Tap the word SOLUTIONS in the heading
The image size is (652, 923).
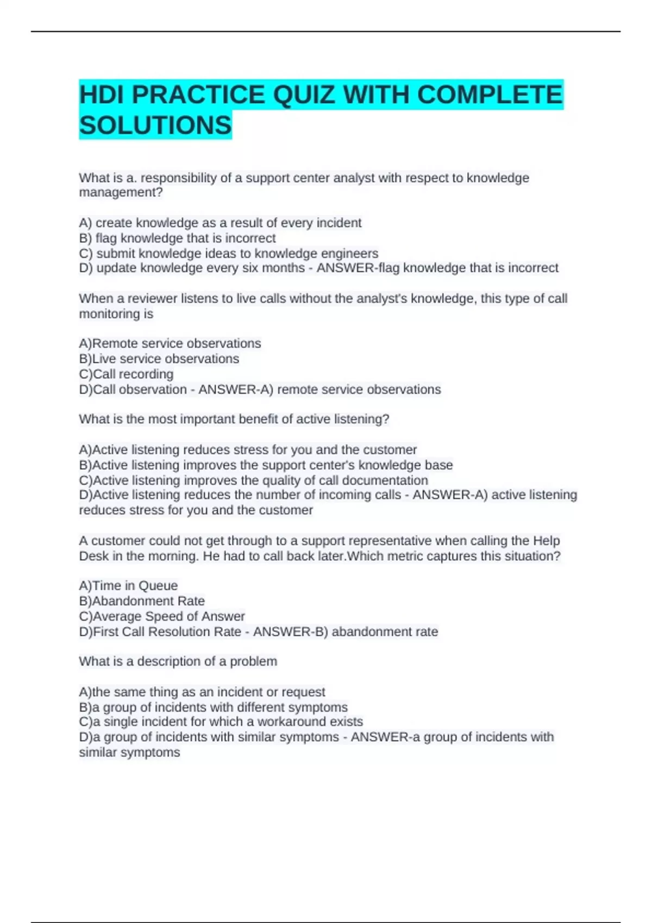(x=155, y=125)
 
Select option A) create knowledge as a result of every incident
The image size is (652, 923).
(x=220, y=223)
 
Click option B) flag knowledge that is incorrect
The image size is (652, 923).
(x=177, y=238)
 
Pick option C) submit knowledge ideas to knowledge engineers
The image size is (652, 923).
(x=228, y=254)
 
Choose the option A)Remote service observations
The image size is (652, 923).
(x=170, y=344)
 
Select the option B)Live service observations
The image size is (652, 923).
(x=159, y=359)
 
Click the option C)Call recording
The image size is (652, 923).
(x=126, y=374)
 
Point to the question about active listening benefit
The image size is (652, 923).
(x=234, y=419)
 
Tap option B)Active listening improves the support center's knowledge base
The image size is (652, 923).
(x=266, y=465)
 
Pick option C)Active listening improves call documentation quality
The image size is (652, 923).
(x=253, y=481)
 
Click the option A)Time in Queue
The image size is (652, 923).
(x=128, y=586)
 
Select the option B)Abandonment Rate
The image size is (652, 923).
(x=142, y=601)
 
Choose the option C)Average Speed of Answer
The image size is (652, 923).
(x=162, y=616)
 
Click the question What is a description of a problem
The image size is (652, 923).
(x=178, y=661)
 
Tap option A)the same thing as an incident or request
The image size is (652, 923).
(x=202, y=692)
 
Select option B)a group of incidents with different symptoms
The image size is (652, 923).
(x=213, y=707)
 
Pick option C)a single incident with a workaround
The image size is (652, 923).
(x=221, y=722)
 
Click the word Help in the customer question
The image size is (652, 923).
(x=546, y=541)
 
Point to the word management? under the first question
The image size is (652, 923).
(x=121, y=193)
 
